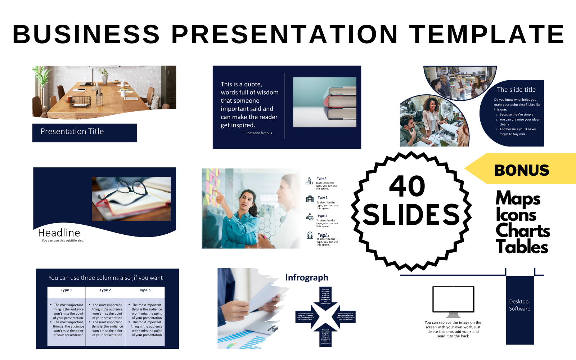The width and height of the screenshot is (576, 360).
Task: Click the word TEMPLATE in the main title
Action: (487, 35)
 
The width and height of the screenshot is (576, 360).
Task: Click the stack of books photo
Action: (325, 102)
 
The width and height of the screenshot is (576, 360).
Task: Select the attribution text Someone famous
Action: (258, 133)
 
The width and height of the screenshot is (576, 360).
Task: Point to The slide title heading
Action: (516, 90)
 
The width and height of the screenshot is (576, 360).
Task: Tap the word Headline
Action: (59, 233)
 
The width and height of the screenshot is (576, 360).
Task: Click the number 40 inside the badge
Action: (408, 186)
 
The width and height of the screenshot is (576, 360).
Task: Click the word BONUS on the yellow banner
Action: (521, 170)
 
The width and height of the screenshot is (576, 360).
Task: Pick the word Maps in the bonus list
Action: (518, 198)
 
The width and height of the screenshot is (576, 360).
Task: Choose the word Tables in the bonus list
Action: (522, 247)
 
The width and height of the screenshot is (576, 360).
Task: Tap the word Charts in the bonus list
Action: (522, 230)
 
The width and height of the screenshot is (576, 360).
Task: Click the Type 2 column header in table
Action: (105, 290)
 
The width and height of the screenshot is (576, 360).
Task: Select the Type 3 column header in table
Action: (145, 290)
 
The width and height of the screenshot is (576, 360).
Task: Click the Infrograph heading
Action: (307, 278)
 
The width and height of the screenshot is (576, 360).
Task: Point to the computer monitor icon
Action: (453, 301)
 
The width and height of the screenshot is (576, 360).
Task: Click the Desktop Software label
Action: (519, 305)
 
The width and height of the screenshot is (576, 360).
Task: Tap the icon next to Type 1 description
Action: (309, 181)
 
